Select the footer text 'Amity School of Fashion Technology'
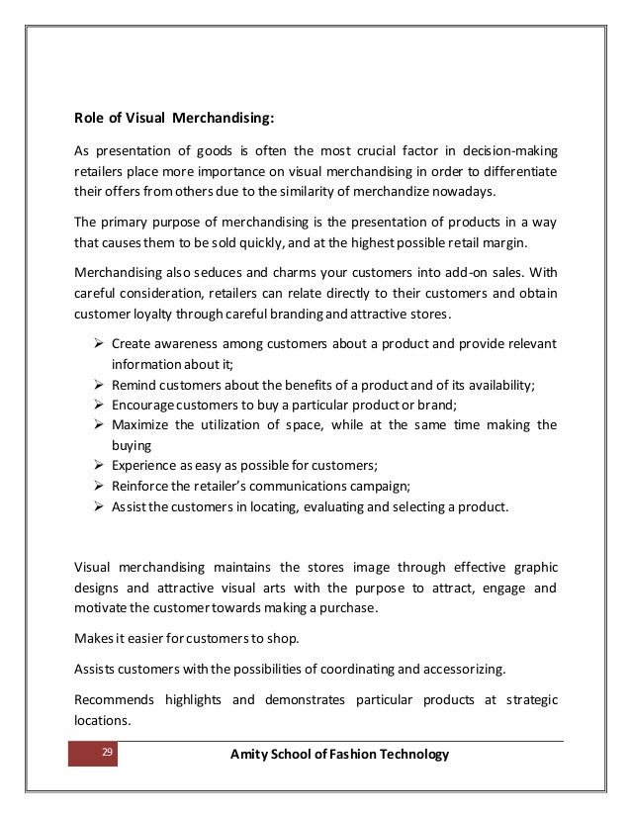tap(339, 756)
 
